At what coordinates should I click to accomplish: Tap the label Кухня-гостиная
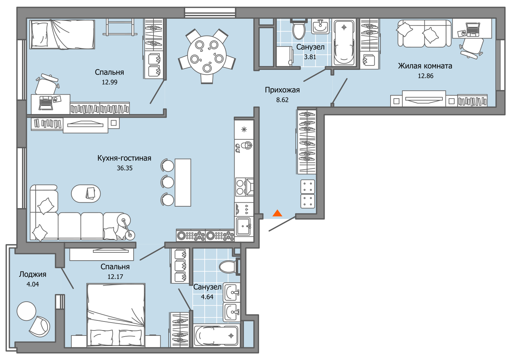click(x=124, y=158)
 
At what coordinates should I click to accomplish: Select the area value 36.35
click(x=125, y=168)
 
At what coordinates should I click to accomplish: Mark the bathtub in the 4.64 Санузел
click(x=215, y=336)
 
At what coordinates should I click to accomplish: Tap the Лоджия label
click(x=32, y=274)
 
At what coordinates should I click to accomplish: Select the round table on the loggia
click(x=26, y=311)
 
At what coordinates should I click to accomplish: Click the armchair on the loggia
click(x=40, y=327)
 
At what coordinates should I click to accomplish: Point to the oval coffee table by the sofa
click(x=86, y=194)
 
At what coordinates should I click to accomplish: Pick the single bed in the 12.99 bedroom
click(x=63, y=34)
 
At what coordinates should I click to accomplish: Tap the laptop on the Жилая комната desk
click(x=472, y=29)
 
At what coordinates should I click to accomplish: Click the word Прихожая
click(x=282, y=90)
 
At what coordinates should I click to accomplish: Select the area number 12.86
click(x=425, y=76)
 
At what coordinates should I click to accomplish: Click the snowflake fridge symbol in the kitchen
click(x=244, y=130)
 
